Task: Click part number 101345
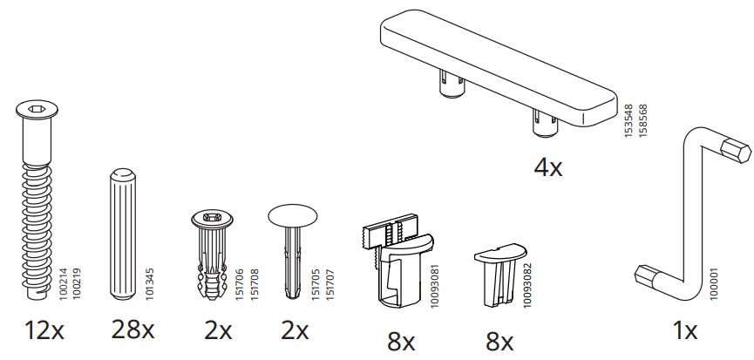tap(149, 285)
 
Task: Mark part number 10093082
tap(527, 279)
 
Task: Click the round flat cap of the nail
tap(294, 216)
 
